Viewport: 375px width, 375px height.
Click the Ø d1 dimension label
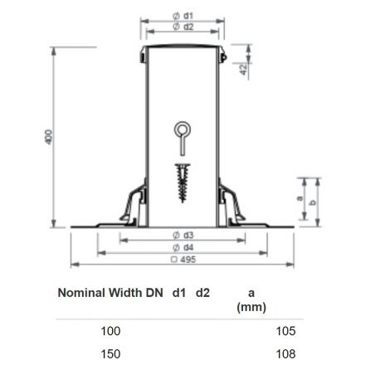tap(183, 16)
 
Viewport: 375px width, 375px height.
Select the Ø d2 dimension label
tap(183, 27)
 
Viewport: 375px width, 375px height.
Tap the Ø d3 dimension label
tap(183, 236)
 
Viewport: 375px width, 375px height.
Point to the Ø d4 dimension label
tap(183, 247)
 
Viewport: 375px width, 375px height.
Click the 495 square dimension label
tap(183, 260)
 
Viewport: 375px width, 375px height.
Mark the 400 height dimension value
tap(48, 137)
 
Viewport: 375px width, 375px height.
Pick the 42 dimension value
tap(243, 70)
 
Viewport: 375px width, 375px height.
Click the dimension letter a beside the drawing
tap(300, 198)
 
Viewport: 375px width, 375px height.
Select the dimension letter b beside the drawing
tap(313, 202)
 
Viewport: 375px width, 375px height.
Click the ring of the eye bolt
tap(183, 123)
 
